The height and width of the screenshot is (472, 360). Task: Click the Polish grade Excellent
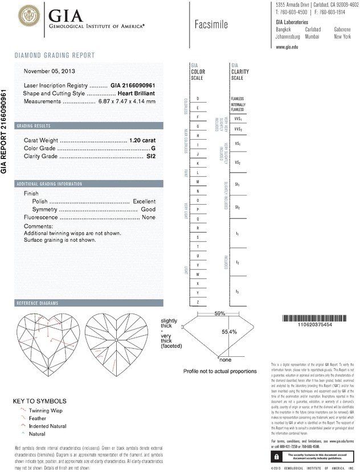144,202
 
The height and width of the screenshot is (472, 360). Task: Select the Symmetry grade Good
148,210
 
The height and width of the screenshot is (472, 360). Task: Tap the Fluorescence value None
149,218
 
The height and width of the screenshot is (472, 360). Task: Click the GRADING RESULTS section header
34,125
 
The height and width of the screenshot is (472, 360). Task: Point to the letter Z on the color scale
197,301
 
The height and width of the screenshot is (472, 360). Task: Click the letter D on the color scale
197,99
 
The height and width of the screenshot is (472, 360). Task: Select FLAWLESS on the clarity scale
238,99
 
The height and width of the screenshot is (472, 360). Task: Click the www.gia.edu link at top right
287,47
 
